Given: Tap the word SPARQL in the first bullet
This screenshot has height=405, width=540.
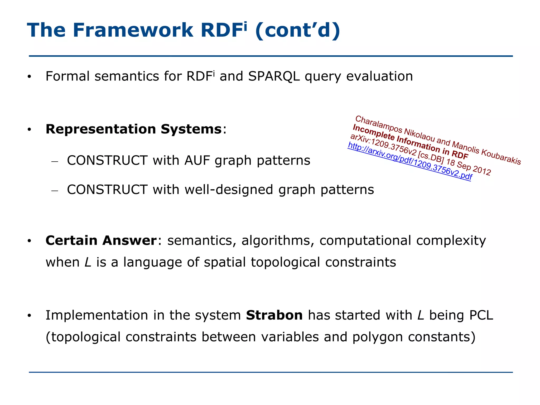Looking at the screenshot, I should click(274, 76).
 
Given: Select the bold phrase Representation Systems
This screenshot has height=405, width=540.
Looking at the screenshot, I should click(133, 129).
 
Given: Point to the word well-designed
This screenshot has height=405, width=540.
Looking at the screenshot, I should click(229, 190).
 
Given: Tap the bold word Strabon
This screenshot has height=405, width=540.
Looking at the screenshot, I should click(274, 315).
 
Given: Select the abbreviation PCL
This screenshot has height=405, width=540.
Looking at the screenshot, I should click(481, 315).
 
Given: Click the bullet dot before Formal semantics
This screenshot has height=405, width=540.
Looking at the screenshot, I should click(29, 77).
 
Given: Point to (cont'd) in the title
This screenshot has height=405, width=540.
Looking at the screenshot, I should click(297, 30).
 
